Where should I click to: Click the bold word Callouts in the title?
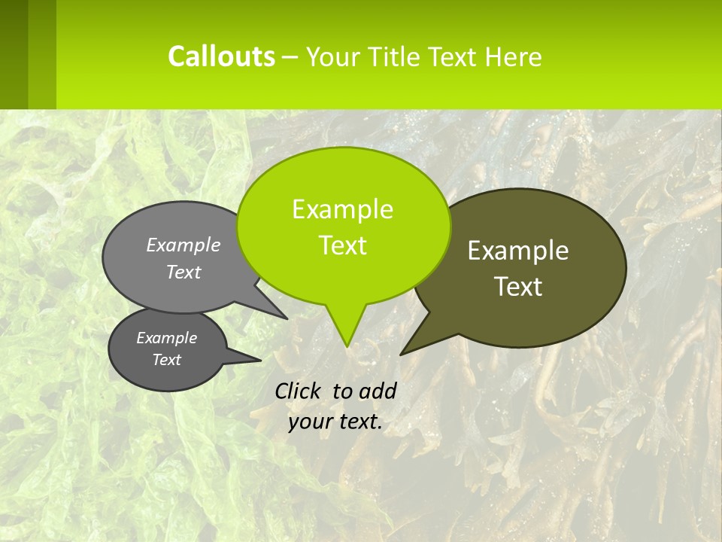pos(221,56)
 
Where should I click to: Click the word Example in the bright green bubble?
pos(342,209)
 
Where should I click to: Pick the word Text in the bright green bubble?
pos(343,245)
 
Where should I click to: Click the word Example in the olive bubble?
pos(518,251)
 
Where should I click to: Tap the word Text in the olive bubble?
pos(518,287)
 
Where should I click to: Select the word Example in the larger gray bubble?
pos(184,245)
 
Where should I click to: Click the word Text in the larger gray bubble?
pos(184,272)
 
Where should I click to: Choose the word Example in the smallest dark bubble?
pos(166,338)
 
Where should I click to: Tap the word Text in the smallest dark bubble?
pos(166,360)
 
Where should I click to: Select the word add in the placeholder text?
pos(378,391)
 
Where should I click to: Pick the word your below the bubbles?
pos(311,422)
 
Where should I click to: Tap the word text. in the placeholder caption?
pos(358,422)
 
